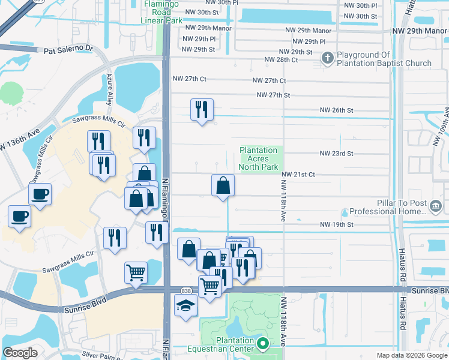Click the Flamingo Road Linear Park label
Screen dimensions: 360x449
[161, 12]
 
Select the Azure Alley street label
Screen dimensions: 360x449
[109, 89]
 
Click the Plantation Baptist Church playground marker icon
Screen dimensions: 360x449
[327, 58]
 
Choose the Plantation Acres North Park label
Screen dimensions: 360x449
[258, 158]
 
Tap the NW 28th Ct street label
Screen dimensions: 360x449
[282, 59]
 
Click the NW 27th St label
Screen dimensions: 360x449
[273, 95]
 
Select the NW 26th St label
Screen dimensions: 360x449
[336, 110]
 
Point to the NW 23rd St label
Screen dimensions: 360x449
[336, 154]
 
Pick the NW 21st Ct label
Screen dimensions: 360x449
[298, 175]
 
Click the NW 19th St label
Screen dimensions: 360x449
[336, 224]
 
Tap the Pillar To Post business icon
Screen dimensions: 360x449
[436, 207]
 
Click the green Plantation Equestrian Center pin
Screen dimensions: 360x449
[262, 343]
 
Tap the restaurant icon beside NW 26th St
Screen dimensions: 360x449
[201, 109]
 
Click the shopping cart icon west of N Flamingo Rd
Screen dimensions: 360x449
[136, 272]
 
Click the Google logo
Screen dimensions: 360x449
[20, 353]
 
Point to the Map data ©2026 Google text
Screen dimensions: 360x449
[411, 355]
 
